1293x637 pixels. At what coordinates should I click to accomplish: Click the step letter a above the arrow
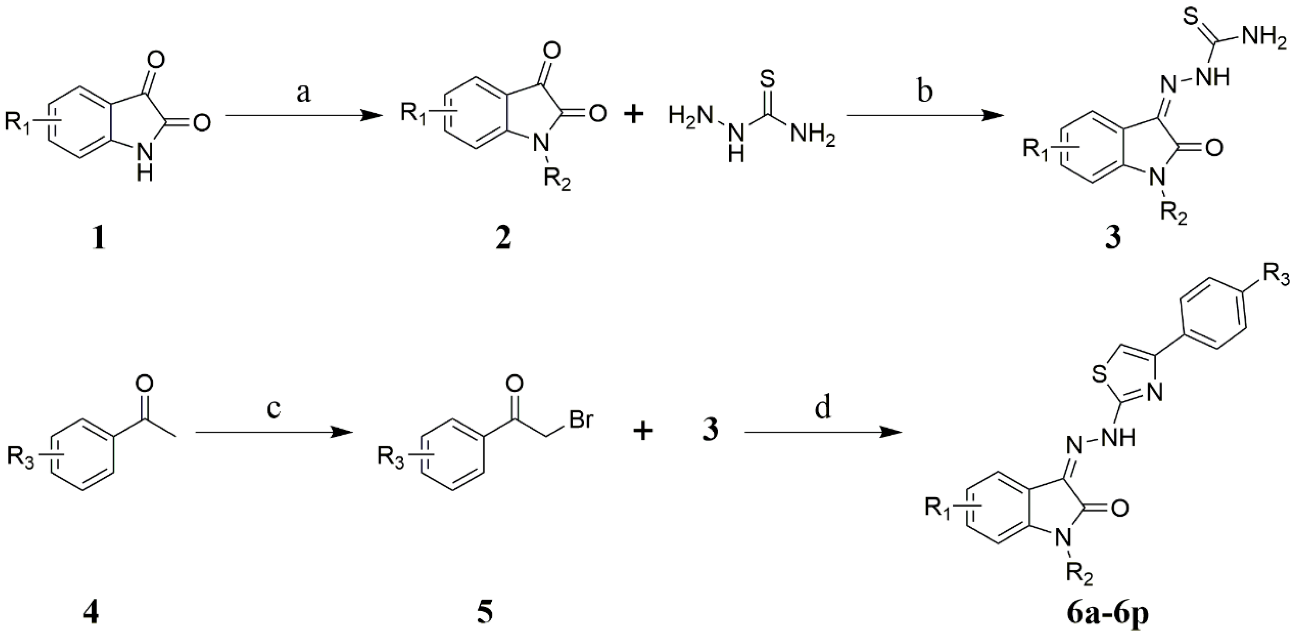pos(303,93)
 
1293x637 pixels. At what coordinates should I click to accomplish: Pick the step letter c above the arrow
pos(274,408)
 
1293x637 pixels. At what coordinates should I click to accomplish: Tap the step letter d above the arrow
pos(823,408)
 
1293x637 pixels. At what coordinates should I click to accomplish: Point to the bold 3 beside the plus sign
pos(710,431)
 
